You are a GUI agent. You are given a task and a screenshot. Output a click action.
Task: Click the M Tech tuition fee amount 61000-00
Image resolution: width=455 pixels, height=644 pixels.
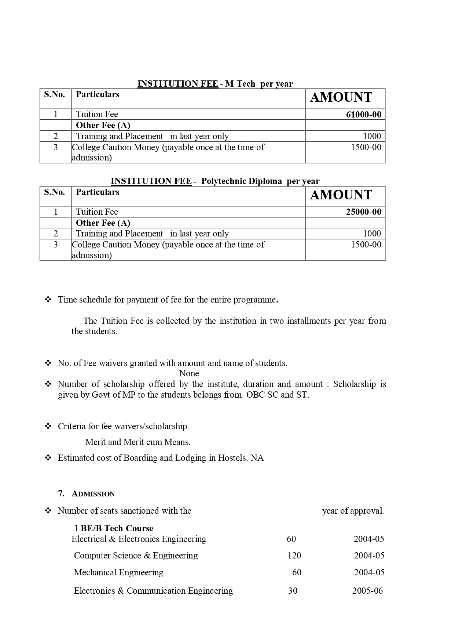(363, 115)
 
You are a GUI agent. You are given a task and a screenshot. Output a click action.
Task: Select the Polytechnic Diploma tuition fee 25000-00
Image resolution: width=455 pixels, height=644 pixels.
(363, 212)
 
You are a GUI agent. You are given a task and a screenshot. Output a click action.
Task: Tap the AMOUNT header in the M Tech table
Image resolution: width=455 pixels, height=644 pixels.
(341, 97)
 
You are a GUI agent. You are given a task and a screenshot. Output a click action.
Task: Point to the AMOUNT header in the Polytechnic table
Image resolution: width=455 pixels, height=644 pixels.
(341, 195)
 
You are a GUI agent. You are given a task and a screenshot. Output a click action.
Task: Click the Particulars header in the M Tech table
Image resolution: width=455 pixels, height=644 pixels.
(98, 95)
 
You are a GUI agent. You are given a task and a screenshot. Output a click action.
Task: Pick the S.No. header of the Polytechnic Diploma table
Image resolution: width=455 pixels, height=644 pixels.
(55, 192)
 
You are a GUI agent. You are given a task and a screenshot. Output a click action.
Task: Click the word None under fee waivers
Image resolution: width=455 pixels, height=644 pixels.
(189, 373)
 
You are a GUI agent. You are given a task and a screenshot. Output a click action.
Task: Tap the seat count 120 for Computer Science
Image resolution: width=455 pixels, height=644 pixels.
(294, 556)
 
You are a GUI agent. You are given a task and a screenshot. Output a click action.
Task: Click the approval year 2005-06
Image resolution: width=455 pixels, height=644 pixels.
(367, 591)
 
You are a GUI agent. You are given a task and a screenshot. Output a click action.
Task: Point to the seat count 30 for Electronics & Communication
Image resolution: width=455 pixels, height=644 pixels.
(293, 591)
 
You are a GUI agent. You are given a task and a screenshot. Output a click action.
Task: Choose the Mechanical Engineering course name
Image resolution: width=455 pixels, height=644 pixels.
(118, 572)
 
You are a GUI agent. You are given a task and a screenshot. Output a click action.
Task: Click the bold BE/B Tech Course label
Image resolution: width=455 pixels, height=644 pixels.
(117, 528)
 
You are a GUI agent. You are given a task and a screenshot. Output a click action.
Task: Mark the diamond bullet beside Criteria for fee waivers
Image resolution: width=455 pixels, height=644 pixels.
(48, 426)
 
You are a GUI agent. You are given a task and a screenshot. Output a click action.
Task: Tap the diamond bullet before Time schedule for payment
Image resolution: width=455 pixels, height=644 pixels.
(48, 300)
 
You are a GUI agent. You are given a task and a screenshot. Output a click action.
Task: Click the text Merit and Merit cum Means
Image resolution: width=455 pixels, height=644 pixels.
(138, 442)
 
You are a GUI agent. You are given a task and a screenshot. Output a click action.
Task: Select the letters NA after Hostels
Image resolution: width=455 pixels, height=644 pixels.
(257, 458)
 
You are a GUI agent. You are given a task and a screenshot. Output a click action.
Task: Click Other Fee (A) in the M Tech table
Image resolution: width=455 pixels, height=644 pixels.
(103, 126)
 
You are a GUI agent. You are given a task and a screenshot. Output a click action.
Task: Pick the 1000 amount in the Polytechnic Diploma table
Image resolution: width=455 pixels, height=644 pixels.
(372, 234)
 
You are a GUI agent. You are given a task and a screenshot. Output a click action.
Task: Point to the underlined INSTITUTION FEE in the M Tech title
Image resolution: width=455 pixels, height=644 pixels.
(177, 84)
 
